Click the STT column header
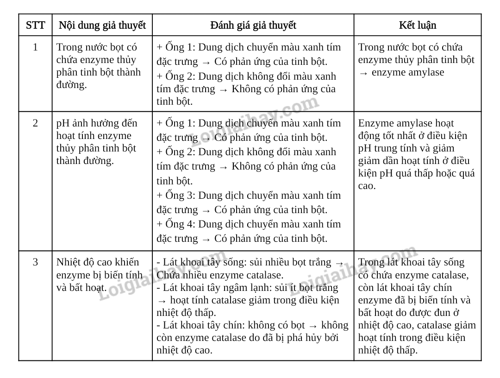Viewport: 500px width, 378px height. click(x=35, y=25)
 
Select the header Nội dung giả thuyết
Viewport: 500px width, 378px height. click(x=102, y=25)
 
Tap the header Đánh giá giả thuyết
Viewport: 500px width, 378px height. click(x=253, y=25)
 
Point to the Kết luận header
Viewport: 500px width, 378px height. click(x=417, y=25)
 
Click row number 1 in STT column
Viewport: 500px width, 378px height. click(x=35, y=47)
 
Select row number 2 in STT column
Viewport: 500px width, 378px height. click(x=35, y=123)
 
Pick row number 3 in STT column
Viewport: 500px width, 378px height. click(x=35, y=262)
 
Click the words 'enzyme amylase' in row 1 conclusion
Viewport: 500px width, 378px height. click(x=407, y=72)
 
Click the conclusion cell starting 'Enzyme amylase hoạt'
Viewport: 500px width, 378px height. click(x=416, y=154)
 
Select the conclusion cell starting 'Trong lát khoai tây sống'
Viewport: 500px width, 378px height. click(x=417, y=306)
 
